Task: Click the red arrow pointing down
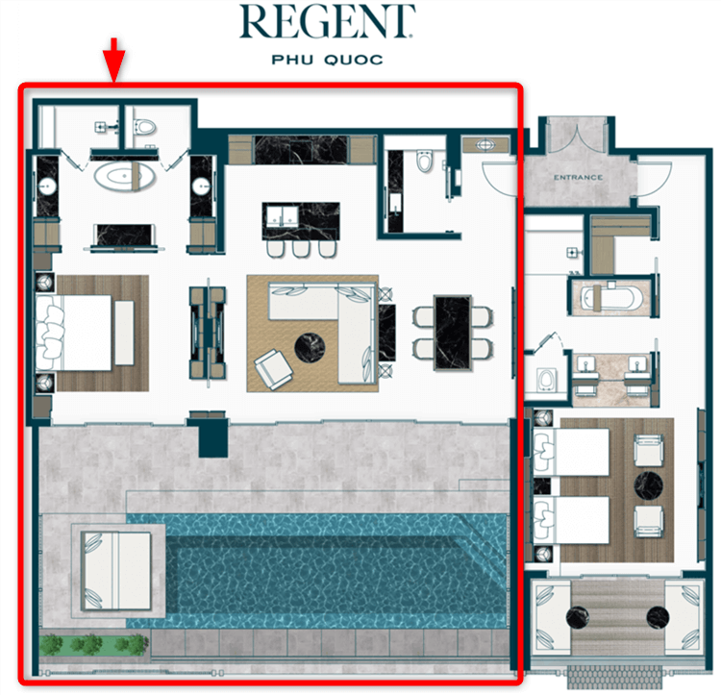pos(113,60)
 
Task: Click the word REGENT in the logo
pos(327,21)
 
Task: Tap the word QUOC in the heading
pos(353,60)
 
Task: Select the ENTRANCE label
pos(578,178)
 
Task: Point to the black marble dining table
pos(453,333)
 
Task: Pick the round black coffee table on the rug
pos(310,348)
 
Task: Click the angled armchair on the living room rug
pos(274,369)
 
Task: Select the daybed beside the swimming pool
pos(116,570)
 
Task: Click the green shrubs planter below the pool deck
pos(93,645)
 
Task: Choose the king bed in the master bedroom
pos(74,333)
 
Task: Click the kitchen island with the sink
pos(301,221)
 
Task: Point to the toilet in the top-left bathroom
pos(144,127)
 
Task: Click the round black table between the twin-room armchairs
pos(648,485)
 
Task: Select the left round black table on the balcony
pos(578,617)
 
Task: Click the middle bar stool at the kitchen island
pos(301,249)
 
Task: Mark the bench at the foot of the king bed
pos(124,333)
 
